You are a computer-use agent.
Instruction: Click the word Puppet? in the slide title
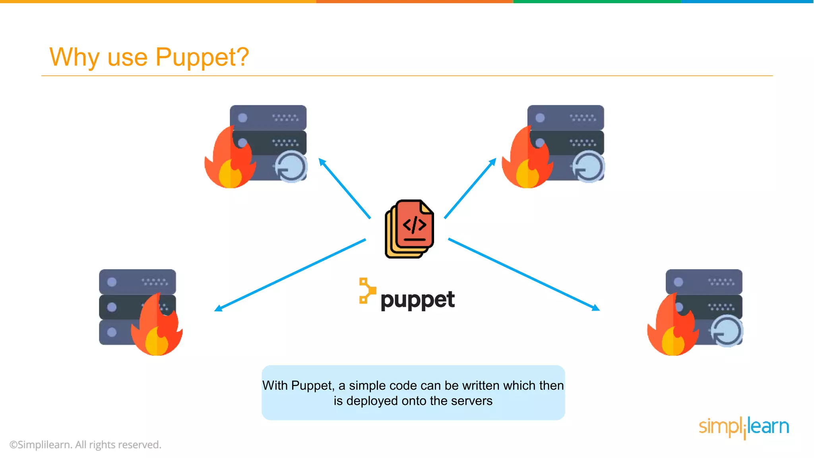(202, 57)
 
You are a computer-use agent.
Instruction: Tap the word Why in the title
(74, 57)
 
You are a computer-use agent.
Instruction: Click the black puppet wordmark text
(417, 300)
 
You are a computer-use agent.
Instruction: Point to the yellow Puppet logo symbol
(367, 291)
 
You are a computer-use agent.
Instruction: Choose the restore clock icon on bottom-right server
(727, 331)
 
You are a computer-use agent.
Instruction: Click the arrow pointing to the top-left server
(344, 188)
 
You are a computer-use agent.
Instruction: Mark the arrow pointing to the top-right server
(470, 188)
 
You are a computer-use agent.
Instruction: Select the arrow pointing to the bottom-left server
(290, 275)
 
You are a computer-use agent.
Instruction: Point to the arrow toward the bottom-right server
(524, 274)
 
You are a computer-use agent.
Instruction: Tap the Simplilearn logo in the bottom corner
(744, 427)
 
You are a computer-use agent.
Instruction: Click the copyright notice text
(85, 445)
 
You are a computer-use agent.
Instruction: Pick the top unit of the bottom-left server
(137, 282)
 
